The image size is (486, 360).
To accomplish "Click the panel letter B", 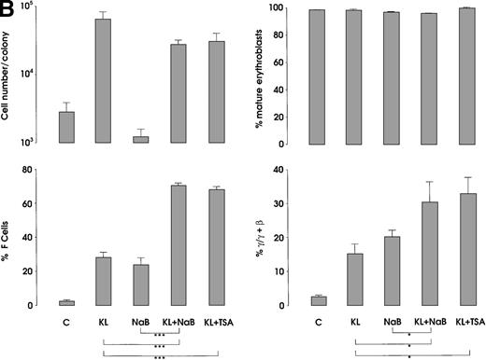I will click(8, 8).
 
